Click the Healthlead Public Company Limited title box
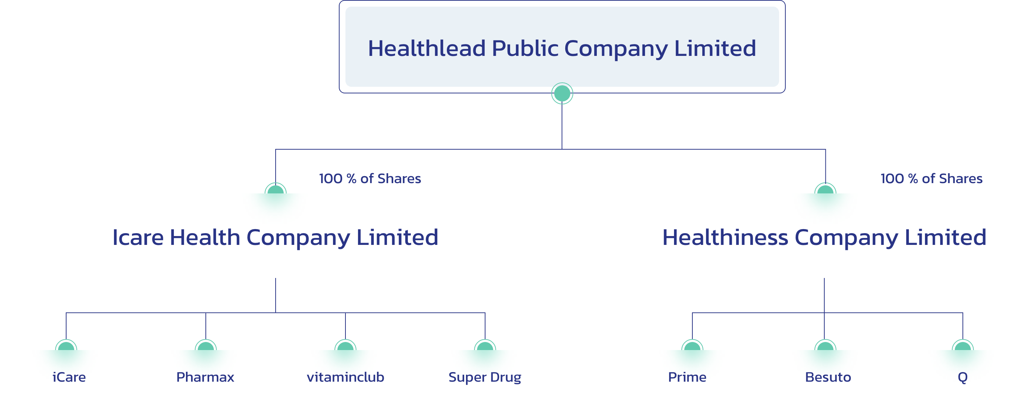[562, 47]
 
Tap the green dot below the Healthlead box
[562, 93]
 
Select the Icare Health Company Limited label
[275, 238]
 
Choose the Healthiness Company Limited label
[824, 238]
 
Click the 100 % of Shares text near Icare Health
[370, 178]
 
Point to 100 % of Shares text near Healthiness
[932, 178]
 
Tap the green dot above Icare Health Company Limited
[276, 189]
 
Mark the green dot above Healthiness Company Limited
[825, 189]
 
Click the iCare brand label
[69, 377]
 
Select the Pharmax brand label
[205, 377]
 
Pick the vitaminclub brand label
[345, 377]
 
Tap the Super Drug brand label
[485, 377]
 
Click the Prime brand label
[687, 377]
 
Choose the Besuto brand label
[828, 377]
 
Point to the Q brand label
[963, 377]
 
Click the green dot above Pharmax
[206, 345]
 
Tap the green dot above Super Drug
[485, 345]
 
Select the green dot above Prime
[692, 345]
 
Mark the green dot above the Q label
[963, 345]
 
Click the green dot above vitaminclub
[345, 345]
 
